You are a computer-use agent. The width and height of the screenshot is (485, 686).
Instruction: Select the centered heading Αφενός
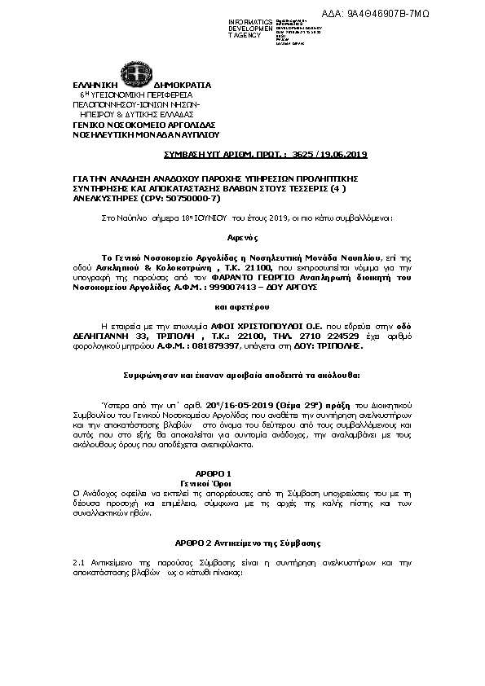coord(242,243)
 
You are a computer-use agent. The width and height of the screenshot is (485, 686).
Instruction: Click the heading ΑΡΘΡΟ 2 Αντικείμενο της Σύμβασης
coord(247,542)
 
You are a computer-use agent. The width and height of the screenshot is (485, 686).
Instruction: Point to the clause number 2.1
coord(79,563)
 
